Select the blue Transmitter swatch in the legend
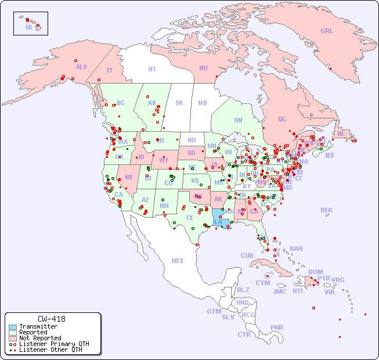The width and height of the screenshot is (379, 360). click(x=12, y=327)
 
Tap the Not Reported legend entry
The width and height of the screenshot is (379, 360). click(x=39, y=338)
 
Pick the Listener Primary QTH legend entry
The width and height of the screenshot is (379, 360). click(x=53, y=344)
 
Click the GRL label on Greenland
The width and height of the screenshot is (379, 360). click(x=327, y=31)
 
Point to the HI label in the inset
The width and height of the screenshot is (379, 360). click(x=28, y=27)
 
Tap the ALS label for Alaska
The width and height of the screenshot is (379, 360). click(x=81, y=67)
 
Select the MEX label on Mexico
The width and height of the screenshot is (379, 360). click(x=178, y=261)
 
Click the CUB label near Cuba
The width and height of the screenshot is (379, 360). click(x=247, y=256)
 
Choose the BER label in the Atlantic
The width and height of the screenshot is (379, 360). click(x=327, y=211)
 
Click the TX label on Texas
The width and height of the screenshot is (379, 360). click(x=189, y=218)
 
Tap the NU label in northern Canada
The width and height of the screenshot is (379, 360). click(x=203, y=68)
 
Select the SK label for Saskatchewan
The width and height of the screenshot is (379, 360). click(x=179, y=103)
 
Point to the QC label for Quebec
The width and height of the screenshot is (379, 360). click(x=282, y=120)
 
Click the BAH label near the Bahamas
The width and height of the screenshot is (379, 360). click(x=296, y=249)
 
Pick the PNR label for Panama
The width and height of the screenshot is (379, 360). click(x=277, y=327)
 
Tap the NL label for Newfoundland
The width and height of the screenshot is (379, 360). click(x=341, y=134)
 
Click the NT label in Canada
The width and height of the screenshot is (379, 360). click(x=152, y=69)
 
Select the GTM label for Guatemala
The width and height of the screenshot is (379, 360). click(x=214, y=311)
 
